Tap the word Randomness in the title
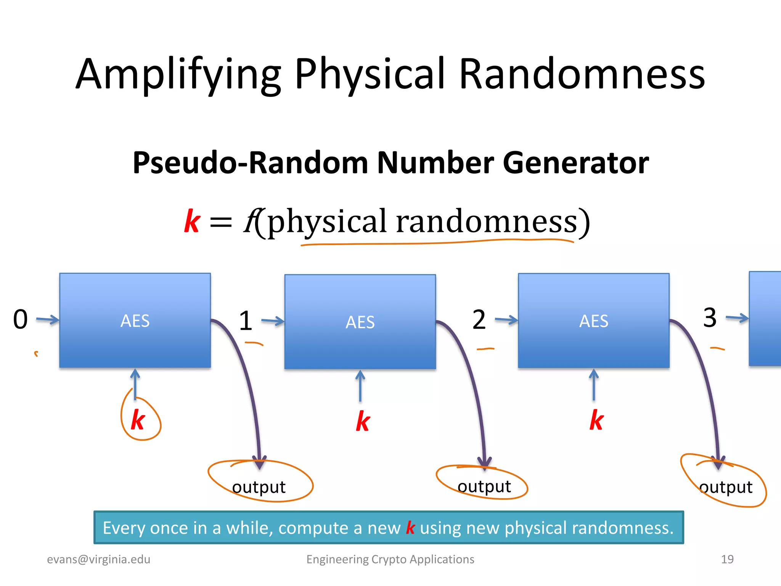point(582,74)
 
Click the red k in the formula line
point(192,221)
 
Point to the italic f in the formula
point(251,221)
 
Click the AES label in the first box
point(135,321)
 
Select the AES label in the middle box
point(360,322)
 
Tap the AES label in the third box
point(594,321)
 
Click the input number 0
point(21,319)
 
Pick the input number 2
point(479,320)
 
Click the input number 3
point(710,317)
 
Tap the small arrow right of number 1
point(273,321)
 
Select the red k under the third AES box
point(596,420)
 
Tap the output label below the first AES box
point(259,487)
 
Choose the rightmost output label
point(726,487)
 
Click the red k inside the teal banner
point(410,528)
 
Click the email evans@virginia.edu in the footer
point(98,559)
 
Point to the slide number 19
point(727,559)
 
